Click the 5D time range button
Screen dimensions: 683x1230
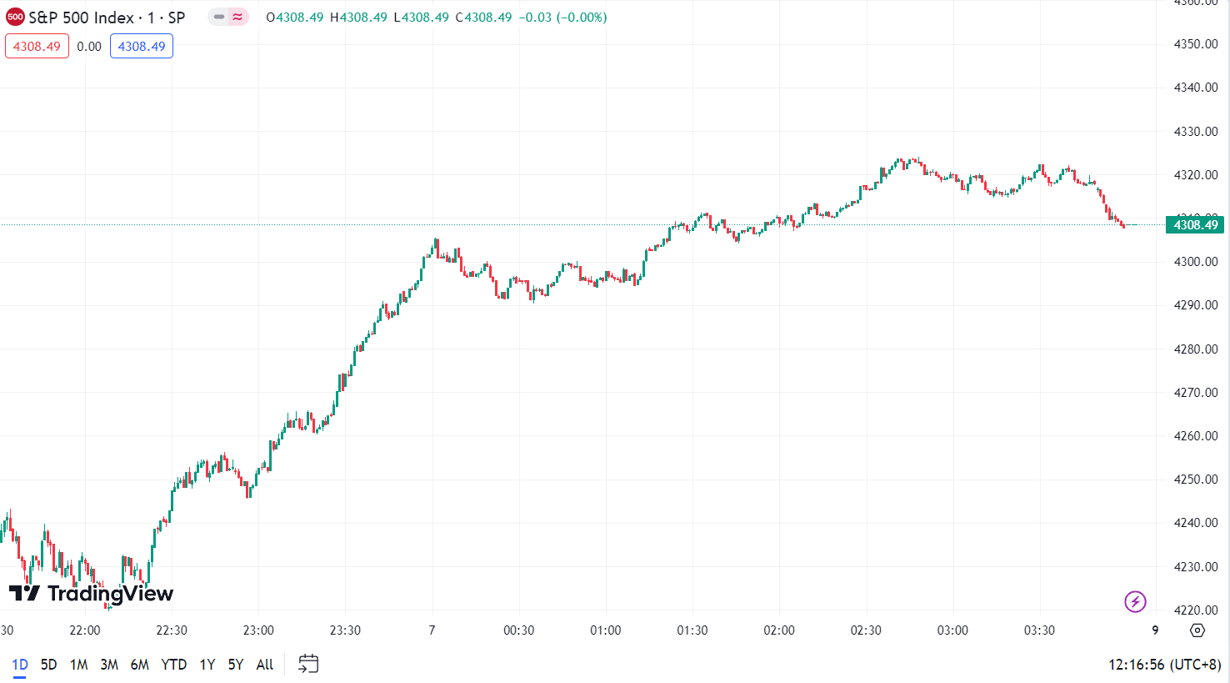coord(49,665)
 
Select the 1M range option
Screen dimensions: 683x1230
coord(79,665)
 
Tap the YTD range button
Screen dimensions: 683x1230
coord(173,665)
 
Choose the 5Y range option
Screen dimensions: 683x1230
coord(236,665)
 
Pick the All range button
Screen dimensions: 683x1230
coord(265,665)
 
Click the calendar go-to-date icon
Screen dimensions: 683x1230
coord(308,664)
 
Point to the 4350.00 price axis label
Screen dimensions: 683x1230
coord(1195,44)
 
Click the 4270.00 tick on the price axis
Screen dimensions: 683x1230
coord(1195,392)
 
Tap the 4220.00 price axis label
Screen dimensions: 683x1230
coord(1195,610)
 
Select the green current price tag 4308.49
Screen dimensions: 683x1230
coord(1195,224)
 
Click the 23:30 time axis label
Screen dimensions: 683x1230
coord(345,630)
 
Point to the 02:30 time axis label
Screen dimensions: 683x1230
coord(866,630)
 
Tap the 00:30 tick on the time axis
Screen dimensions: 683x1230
coord(518,630)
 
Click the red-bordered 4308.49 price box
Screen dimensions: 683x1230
coord(37,47)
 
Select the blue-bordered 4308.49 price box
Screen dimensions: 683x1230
coord(142,47)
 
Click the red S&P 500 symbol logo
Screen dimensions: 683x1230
coord(15,17)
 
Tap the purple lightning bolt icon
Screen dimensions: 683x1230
coord(1135,601)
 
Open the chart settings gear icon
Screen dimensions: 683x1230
coord(1197,630)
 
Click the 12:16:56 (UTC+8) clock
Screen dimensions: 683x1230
coord(1164,665)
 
